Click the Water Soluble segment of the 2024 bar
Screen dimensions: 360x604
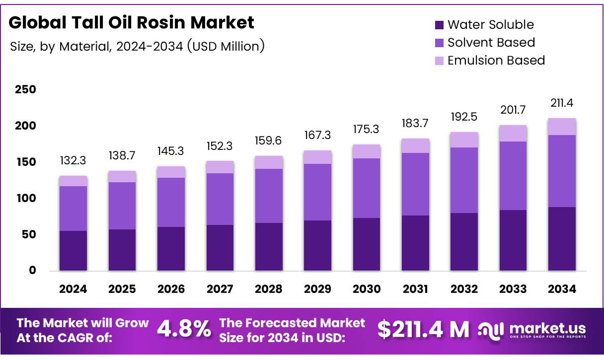click(x=73, y=251)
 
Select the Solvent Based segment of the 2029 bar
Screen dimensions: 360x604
click(x=317, y=192)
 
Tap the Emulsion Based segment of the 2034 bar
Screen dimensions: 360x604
click(x=562, y=127)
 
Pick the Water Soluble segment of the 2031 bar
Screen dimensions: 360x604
click(x=415, y=243)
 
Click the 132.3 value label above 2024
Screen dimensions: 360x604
click(x=73, y=161)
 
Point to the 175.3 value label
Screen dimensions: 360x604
click(x=367, y=129)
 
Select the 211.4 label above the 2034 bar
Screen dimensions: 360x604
click(x=562, y=103)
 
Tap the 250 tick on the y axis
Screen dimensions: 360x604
click(x=25, y=90)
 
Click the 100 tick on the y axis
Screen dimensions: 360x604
click(x=25, y=199)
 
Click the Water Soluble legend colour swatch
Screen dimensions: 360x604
click(x=439, y=25)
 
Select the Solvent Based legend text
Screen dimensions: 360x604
click(x=491, y=43)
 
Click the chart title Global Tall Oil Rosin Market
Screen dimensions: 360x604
click(x=131, y=22)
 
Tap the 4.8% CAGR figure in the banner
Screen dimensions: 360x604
click(x=184, y=329)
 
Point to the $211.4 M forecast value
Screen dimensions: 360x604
click(x=423, y=329)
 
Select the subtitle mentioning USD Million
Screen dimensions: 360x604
click(x=137, y=47)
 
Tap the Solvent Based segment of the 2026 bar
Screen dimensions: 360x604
click(x=171, y=202)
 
